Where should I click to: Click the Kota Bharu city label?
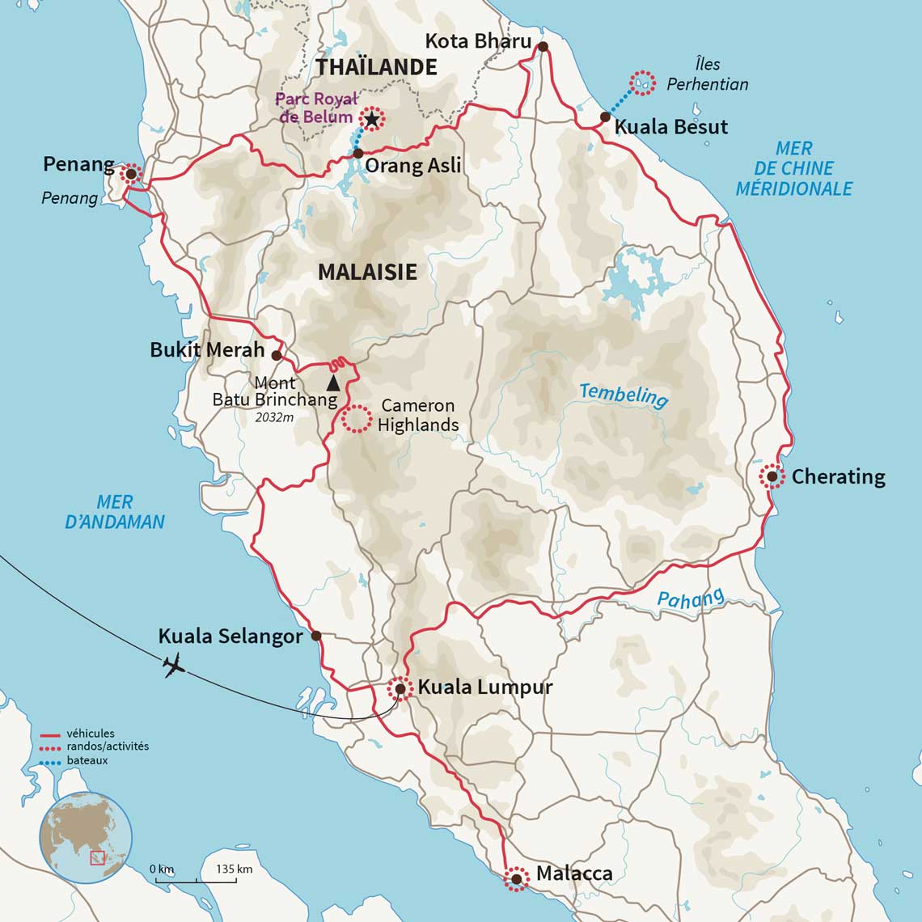point(478,41)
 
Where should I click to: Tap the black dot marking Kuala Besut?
point(605,117)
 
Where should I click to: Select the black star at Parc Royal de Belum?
point(371,120)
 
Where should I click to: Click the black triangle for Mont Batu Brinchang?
point(332,383)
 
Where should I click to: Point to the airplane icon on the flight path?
point(173,666)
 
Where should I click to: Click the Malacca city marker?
point(516,878)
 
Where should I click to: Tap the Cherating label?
point(838,476)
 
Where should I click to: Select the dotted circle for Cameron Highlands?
point(356,419)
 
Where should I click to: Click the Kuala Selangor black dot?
point(316,636)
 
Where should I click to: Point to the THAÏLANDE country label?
point(377,66)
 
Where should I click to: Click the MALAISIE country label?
point(367,272)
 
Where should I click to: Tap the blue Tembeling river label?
point(624,395)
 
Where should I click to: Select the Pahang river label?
point(690,599)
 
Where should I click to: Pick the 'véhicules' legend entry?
point(91,734)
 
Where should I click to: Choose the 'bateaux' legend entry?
point(87,760)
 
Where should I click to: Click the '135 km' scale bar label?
point(235,869)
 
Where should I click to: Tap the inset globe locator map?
point(85,836)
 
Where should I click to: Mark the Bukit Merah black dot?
point(277,355)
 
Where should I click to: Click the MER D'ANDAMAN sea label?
point(115,512)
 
